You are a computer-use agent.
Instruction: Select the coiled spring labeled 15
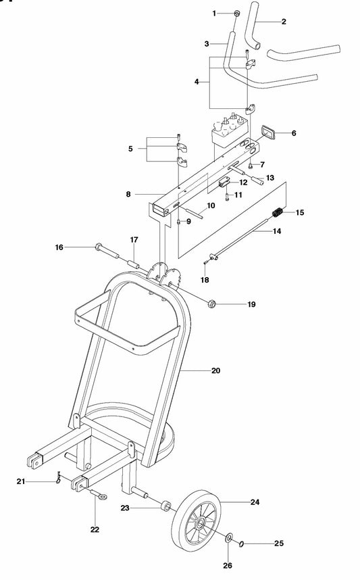(x=277, y=214)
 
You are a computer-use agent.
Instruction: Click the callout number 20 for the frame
(x=216, y=370)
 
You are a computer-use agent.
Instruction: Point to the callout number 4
(x=197, y=82)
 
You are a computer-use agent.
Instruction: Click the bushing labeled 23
(x=163, y=507)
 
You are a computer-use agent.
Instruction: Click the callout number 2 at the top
(x=283, y=22)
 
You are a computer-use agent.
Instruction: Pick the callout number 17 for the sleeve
(x=134, y=240)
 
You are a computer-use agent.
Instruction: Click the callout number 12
(x=242, y=182)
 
